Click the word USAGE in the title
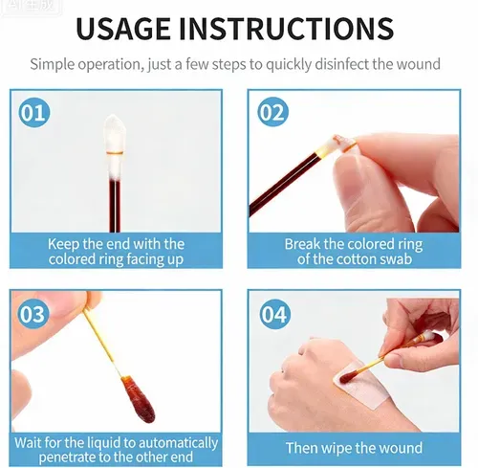click(x=123, y=28)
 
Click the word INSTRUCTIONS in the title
click(x=287, y=28)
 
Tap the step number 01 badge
click(x=34, y=112)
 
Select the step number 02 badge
click(x=272, y=112)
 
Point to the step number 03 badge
click(x=33, y=314)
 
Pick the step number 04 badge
click(x=274, y=314)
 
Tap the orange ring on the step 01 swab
click(x=115, y=153)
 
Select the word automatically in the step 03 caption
click(x=178, y=443)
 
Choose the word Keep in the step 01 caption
click(x=63, y=244)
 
